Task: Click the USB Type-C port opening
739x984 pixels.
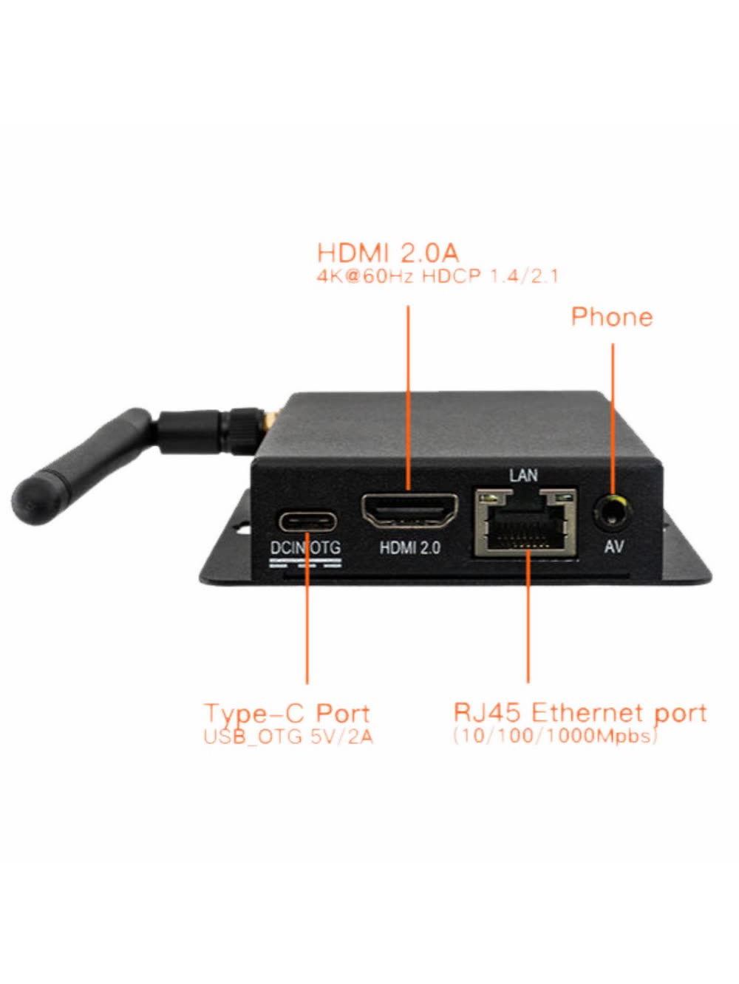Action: tap(307, 522)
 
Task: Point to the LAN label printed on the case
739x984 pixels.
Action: tap(523, 475)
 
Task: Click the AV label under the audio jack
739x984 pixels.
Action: tap(614, 547)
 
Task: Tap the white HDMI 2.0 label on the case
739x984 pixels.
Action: tap(410, 547)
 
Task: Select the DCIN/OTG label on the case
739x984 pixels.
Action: tap(306, 548)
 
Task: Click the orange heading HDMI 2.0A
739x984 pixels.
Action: tap(388, 253)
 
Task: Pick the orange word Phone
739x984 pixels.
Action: tap(612, 317)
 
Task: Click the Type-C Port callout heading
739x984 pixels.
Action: tap(287, 714)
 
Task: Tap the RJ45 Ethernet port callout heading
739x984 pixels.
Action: tap(580, 713)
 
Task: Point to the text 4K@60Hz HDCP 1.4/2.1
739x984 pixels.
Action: tap(437, 276)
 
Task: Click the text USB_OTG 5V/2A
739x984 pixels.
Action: tap(289, 737)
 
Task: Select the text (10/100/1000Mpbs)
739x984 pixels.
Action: tap(555, 737)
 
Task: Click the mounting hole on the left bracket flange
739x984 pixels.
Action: tap(245, 527)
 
